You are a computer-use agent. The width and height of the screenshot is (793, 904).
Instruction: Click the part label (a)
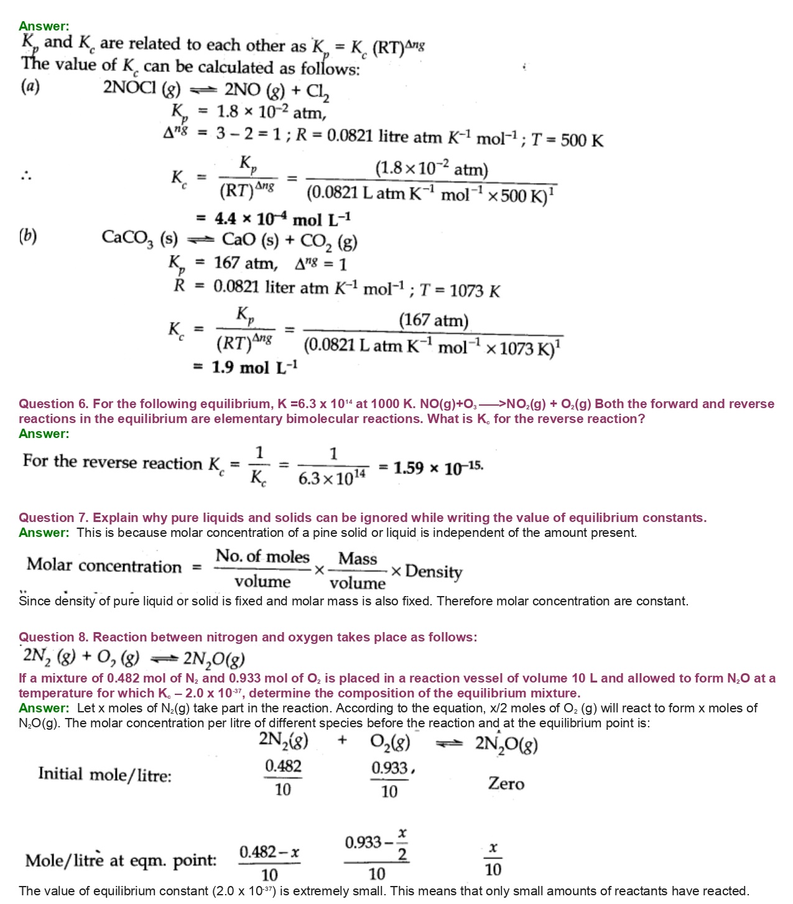[x=30, y=86]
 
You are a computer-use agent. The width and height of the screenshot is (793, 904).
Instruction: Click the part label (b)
[x=28, y=236]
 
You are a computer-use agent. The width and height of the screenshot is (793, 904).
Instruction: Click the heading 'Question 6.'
[x=53, y=404]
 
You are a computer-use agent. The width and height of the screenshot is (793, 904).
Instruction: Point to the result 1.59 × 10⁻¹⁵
[x=438, y=467]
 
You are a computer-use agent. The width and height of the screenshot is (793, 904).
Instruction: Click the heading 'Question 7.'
[x=53, y=518]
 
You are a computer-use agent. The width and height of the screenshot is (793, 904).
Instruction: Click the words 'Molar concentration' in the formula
[x=104, y=566]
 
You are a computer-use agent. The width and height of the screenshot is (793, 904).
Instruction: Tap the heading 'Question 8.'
[x=53, y=637]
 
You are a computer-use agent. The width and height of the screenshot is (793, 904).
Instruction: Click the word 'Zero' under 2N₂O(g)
[x=506, y=783]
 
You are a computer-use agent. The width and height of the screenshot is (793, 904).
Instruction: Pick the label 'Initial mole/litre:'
[x=104, y=775]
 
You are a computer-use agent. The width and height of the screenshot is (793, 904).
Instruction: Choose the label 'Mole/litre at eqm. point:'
[x=121, y=860]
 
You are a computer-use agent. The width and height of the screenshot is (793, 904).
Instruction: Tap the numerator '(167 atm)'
[x=434, y=320]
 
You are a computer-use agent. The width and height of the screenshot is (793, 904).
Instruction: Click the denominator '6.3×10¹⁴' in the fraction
[x=332, y=478]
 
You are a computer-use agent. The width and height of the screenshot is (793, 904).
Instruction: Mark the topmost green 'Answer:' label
[x=44, y=26]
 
